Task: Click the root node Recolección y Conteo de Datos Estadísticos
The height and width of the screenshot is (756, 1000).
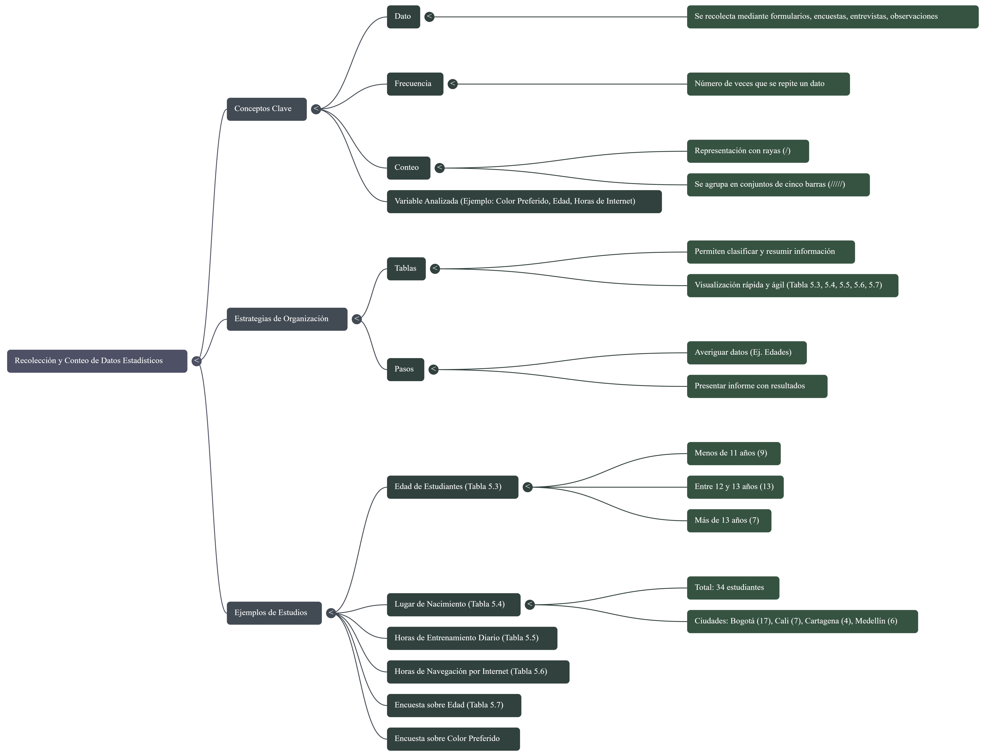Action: (x=97, y=361)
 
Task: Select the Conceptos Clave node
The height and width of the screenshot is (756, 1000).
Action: (x=266, y=109)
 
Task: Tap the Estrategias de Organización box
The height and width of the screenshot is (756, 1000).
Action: (x=287, y=319)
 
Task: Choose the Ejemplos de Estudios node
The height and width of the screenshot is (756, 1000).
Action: (x=274, y=613)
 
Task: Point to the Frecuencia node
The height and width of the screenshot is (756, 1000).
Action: (x=415, y=84)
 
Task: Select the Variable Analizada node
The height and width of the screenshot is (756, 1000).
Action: (x=524, y=201)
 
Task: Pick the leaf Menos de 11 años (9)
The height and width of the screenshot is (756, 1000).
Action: (x=733, y=453)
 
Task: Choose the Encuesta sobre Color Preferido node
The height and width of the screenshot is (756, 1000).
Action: (x=453, y=738)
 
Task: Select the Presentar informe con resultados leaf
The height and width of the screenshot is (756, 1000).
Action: (x=757, y=386)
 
